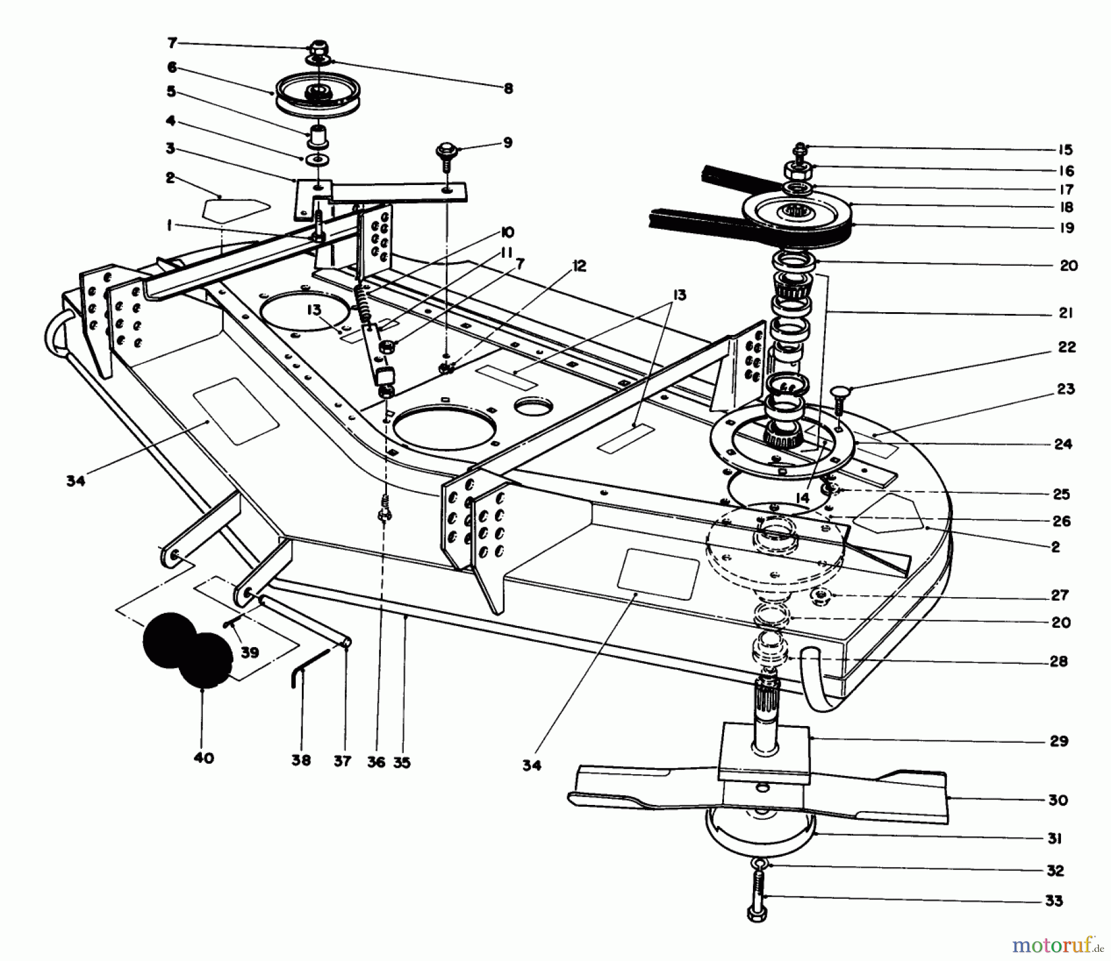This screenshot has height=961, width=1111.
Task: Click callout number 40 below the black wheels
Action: (x=204, y=757)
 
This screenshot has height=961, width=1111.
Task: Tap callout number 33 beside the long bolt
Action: (x=1054, y=901)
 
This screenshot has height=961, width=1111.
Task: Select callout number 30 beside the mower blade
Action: (x=1058, y=800)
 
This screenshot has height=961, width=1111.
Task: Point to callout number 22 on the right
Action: (x=1067, y=347)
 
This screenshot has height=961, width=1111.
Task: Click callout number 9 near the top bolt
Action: (x=507, y=142)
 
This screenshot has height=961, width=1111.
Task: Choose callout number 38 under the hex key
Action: (x=301, y=761)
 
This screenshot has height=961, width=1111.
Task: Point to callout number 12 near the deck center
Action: (x=579, y=266)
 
